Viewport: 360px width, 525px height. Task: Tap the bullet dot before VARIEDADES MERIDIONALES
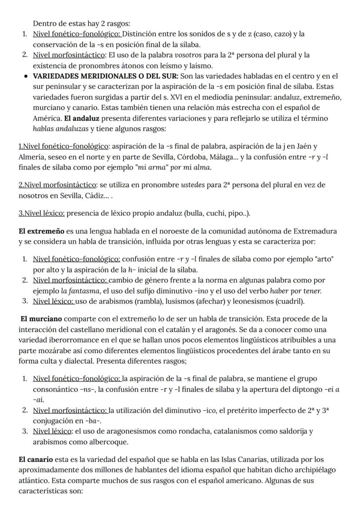point(26,77)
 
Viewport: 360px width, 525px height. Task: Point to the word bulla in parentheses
point(195,213)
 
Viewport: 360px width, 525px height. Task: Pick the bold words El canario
point(36,459)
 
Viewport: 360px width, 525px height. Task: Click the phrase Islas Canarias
point(224,459)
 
